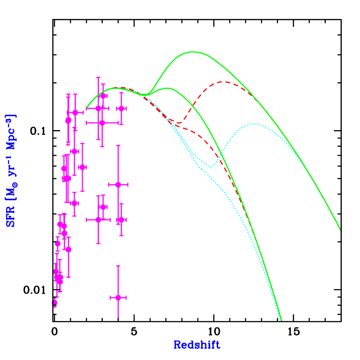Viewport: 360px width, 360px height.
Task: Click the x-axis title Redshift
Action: tap(196, 345)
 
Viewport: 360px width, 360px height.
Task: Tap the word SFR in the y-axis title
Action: tap(10, 219)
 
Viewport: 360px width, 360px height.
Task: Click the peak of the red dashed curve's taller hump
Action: tap(223, 82)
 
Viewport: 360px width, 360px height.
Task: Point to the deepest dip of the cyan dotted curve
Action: tap(211, 167)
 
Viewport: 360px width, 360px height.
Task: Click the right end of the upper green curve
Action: tap(340, 230)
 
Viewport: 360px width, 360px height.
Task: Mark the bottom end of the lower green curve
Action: tap(281, 321)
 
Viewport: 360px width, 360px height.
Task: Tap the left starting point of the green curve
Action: tap(87, 108)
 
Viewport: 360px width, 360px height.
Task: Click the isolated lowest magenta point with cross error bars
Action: tap(118, 298)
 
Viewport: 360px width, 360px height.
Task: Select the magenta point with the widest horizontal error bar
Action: tap(102, 123)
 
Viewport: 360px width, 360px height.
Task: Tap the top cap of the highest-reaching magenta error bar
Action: tap(98, 78)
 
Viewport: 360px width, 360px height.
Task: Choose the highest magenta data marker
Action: tap(103, 95)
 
